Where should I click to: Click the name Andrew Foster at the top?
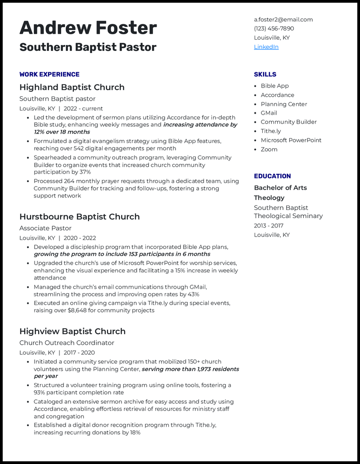point(88,28)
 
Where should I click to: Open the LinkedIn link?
point(266,47)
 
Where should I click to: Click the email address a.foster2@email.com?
point(283,19)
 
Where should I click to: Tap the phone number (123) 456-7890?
point(274,28)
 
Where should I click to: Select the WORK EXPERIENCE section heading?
point(49,74)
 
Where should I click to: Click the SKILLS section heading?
point(265,74)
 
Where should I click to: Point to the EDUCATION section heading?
point(272,176)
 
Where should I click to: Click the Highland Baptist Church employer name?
point(72,87)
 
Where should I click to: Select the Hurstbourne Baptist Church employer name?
point(79,217)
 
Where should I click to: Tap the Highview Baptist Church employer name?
point(72,331)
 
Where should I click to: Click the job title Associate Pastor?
point(45,228)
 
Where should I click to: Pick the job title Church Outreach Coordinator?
point(67,343)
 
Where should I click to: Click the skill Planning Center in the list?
point(283,104)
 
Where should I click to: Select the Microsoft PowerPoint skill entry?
point(291,140)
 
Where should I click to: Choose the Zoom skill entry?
point(269,149)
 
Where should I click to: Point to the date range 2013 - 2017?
point(269,226)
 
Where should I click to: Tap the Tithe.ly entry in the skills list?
point(270,131)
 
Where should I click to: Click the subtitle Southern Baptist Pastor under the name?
point(88,47)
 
